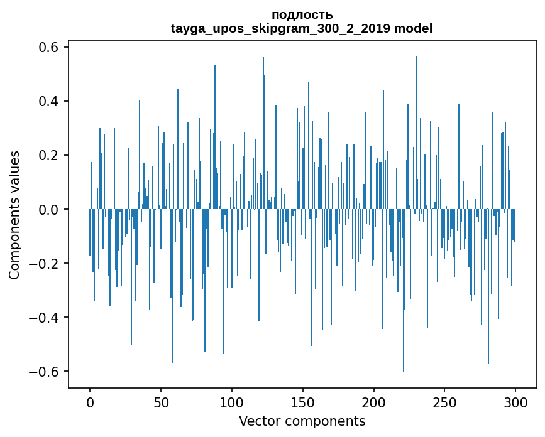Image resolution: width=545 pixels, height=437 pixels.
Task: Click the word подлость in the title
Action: pyautogui.click(x=302, y=14)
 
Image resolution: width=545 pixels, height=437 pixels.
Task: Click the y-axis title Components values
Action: pyautogui.click(x=14, y=215)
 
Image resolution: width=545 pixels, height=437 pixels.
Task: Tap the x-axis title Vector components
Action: pyautogui.click(x=302, y=421)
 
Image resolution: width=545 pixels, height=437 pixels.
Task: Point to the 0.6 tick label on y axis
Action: pyautogui.click(x=45, y=48)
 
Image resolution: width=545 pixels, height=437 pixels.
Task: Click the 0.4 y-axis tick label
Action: pyautogui.click(x=45, y=102)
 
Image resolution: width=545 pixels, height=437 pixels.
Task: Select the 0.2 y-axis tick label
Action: pyautogui.click(x=45, y=156)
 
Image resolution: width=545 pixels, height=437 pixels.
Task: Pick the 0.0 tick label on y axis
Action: pyautogui.click(x=45, y=210)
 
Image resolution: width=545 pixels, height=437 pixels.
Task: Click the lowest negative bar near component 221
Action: pyautogui.click(x=404, y=314)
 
